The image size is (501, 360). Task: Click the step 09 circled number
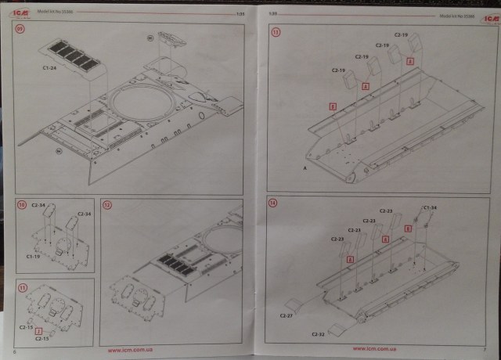tap(21, 31)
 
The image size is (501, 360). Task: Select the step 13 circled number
tap(274, 32)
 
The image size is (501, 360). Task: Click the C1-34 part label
tap(429, 207)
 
